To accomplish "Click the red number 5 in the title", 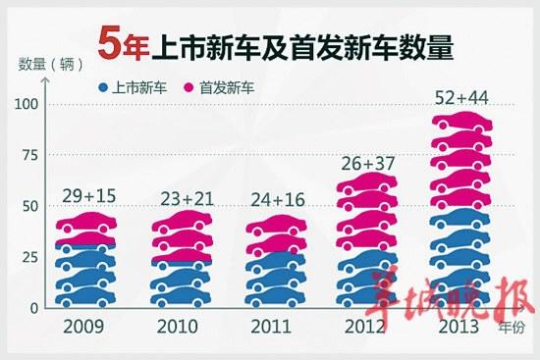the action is pos(109,44).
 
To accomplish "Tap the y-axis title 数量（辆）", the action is pos(51,64).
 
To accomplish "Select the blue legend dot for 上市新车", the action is pos(103,87).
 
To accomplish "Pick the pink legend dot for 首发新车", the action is pos(189,87).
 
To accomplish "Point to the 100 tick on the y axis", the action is pos(26,104).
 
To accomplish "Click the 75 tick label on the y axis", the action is pos(30,155).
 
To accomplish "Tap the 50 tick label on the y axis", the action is pos(30,207).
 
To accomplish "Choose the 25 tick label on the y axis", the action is pos(30,257).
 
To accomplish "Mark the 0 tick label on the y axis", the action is pos(33,308).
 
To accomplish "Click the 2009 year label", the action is pos(83,327).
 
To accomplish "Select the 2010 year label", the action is pos(178,327).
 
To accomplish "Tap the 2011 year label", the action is pos(271,327).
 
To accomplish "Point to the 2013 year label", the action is pos(459,327).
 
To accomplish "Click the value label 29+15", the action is pos(89,196).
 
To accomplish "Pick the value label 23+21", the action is pos(187,199).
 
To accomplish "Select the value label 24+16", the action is pos(278,199).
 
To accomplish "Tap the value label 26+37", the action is pos(368,163).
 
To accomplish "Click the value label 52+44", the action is pos(461,98).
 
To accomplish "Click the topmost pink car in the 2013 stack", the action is pos(462,123).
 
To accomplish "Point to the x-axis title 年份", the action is pos(513,328).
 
